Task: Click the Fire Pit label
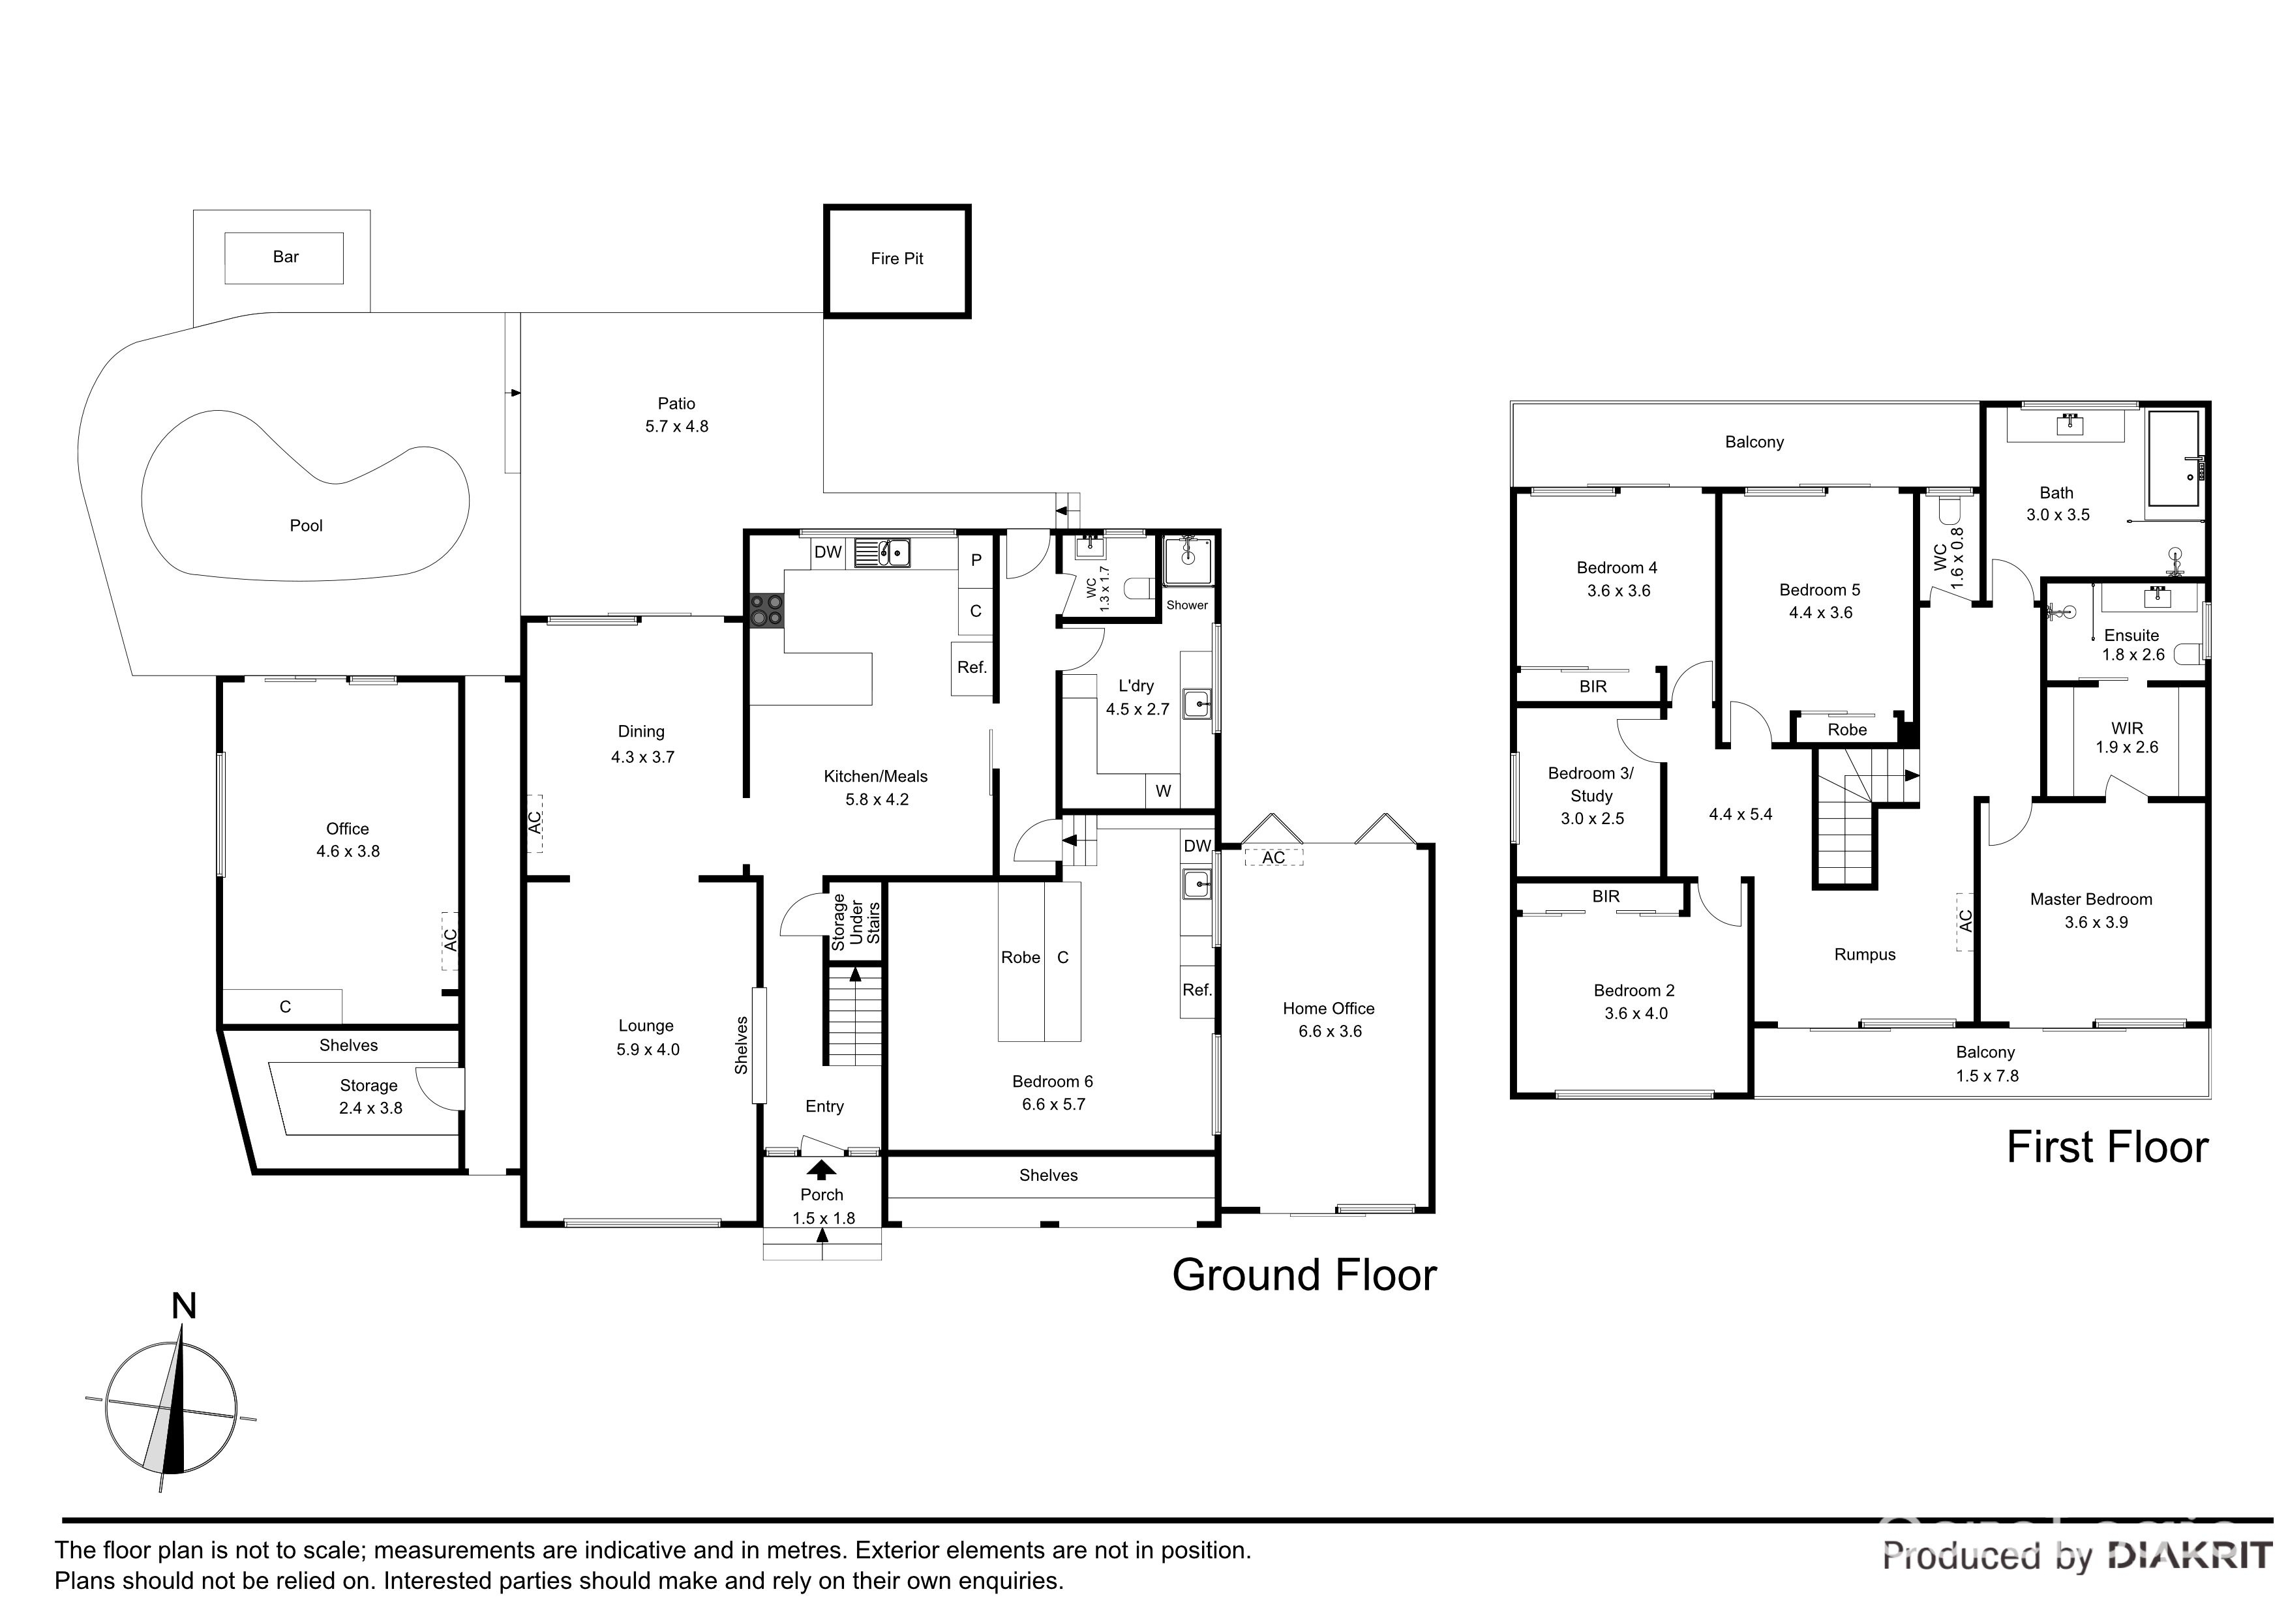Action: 896,259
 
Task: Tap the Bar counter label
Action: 285,257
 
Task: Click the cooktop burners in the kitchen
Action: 766,610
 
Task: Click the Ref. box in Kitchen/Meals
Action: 972,668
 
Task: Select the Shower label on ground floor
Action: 1187,605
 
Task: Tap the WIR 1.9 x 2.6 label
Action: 2126,738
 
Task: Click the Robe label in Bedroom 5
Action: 1846,730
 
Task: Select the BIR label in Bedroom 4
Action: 1593,687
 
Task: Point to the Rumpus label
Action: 1865,955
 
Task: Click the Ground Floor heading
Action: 1303,1275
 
